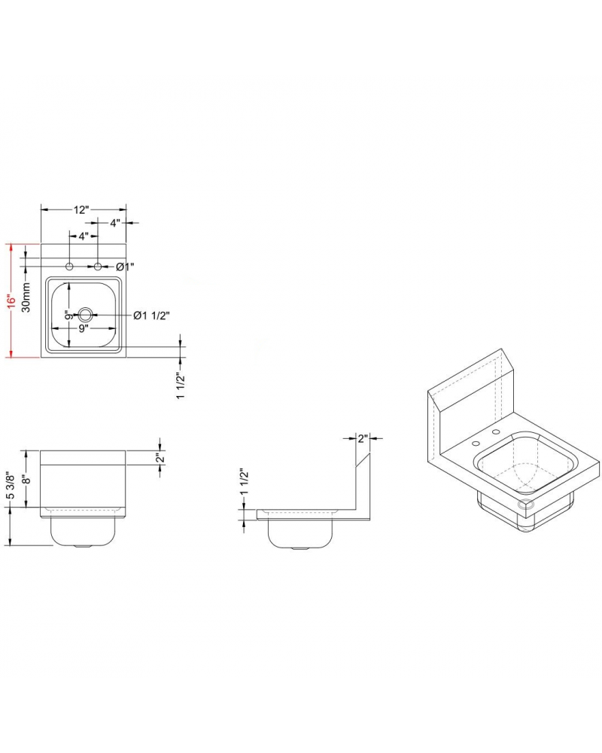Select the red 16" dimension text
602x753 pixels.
point(11,300)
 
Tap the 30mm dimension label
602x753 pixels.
point(26,298)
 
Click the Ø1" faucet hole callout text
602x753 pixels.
point(125,267)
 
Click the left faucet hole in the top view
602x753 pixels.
point(69,267)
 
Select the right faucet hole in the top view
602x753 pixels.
point(98,267)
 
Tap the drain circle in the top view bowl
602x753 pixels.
point(84,315)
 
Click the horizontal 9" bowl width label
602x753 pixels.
point(84,328)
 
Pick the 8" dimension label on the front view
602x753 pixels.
point(26,480)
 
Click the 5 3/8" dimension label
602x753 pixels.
point(11,488)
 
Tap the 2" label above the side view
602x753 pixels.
point(362,437)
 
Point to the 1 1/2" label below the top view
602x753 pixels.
point(181,386)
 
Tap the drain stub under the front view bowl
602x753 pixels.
point(83,545)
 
